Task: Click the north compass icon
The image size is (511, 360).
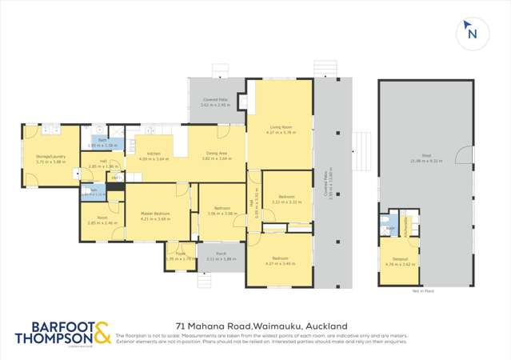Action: pos(471,33)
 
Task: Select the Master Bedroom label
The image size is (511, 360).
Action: pos(154,214)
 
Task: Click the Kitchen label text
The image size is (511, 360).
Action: pos(154,154)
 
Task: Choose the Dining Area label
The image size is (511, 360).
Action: pos(217,153)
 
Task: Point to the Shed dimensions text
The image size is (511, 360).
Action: pos(421,160)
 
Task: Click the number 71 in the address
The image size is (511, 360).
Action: pos(181,326)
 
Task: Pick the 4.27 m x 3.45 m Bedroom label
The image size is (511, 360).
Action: pos(279,258)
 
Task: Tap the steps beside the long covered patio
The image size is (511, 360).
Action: pos(361,147)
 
